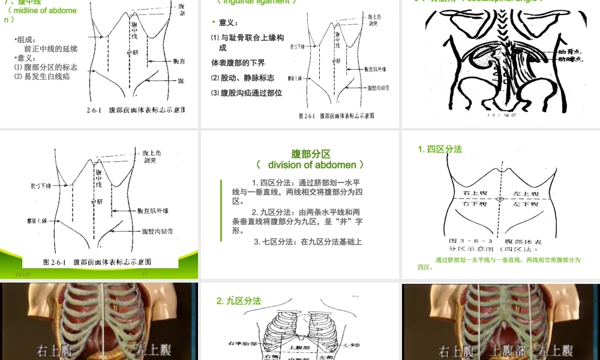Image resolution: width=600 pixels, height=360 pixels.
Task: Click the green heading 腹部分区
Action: [311, 154]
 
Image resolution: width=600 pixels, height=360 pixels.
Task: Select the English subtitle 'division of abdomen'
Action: [310, 164]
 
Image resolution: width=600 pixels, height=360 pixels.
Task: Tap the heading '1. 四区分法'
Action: [440, 149]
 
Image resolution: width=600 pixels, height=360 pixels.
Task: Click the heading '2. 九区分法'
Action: [239, 301]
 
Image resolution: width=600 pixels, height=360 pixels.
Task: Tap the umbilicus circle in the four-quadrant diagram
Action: [500, 199]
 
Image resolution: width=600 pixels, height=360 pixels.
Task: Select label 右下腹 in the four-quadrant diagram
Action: [475, 205]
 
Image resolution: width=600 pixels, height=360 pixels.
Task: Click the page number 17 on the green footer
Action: [144, 274]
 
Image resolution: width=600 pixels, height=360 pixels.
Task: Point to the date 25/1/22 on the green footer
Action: [23, 274]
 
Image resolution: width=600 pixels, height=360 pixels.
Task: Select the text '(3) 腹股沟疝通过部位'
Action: [247, 93]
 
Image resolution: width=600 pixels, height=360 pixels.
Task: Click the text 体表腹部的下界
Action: [238, 63]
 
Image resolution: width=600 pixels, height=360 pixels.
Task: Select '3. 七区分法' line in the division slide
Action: [308, 242]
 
